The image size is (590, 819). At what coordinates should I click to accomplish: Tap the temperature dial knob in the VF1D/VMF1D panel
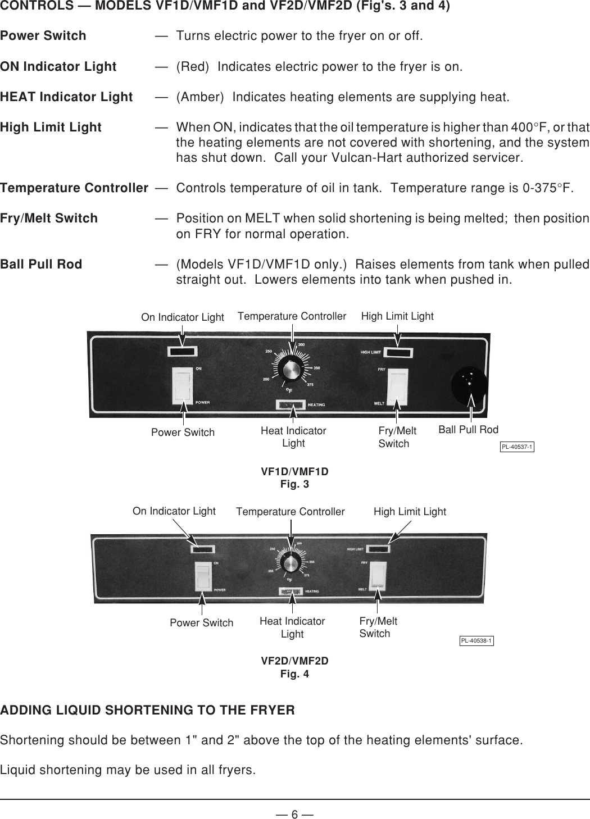(x=291, y=370)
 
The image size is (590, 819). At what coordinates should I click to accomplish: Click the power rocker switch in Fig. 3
(x=182, y=385)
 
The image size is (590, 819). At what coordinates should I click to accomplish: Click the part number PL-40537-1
(x=516, y=447)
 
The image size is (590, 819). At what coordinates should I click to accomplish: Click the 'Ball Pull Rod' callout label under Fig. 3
(x=468, y=430)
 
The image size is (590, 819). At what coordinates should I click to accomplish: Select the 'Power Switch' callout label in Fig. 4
(x=201, y=623)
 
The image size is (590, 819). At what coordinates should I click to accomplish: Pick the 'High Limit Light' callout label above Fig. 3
(x=397, y=316)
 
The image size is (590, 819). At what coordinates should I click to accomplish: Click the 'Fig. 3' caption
(x=294, y=484)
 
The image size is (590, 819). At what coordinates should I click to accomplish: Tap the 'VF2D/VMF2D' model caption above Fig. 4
(x=294, y=661)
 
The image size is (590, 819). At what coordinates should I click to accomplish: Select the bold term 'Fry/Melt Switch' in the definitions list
(x=49, y=219)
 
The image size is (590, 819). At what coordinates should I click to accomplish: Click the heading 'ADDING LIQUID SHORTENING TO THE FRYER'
(x=147, y=711)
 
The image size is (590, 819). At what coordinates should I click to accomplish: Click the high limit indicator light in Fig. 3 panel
(x=398, y=353)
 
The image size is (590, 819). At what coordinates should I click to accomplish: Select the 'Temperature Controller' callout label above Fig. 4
(x=290, y=512)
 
